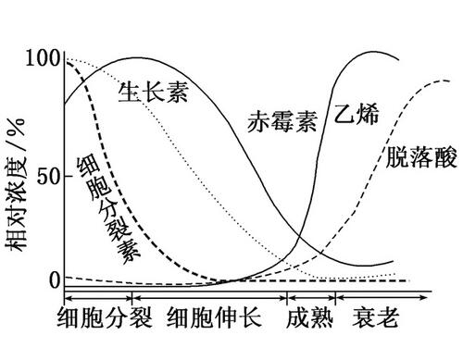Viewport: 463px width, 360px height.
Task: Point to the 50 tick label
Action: tap(48, 175)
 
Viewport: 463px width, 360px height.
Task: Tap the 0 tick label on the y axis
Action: tap(54, 279)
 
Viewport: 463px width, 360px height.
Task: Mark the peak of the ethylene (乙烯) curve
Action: tap(378, 51)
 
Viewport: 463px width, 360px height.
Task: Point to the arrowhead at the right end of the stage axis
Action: tap(425, 297)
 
